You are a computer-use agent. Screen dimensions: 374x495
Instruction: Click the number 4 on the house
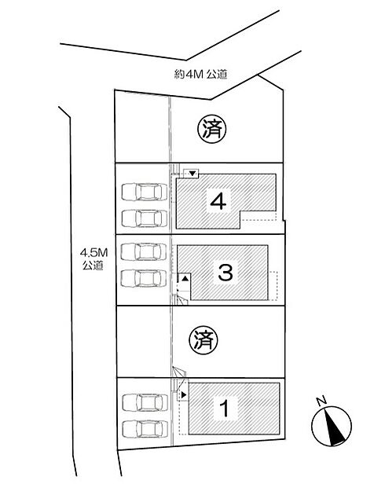coord(218,201)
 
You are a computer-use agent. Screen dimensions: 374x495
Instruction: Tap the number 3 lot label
coord(225,273)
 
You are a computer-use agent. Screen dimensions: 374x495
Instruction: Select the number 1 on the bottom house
coord(225,408)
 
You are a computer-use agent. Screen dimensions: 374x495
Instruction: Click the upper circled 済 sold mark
coord(212,129)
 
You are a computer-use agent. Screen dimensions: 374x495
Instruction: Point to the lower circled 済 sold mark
coord(203,340)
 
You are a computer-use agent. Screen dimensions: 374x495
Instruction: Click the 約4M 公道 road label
coord(200,75)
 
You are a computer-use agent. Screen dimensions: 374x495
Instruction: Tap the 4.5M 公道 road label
coord(93,258)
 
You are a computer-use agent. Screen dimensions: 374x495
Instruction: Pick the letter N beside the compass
coord(321,401)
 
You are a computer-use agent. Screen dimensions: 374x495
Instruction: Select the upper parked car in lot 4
coord(145,192)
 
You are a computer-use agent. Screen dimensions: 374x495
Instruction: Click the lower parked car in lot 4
coord(145,218)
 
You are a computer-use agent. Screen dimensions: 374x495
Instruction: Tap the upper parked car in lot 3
coord(144,251)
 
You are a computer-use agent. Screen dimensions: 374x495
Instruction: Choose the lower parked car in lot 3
coord(144,278)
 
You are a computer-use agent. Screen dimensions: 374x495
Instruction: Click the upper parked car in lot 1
coord(145,402)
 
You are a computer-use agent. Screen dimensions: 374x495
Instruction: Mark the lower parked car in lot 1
coord(145,429)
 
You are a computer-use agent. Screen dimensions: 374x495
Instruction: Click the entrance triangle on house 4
coord(193,173)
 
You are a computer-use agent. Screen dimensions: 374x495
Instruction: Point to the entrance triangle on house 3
coord(185,278)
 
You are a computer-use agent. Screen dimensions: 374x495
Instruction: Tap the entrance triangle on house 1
coord(184,394)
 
